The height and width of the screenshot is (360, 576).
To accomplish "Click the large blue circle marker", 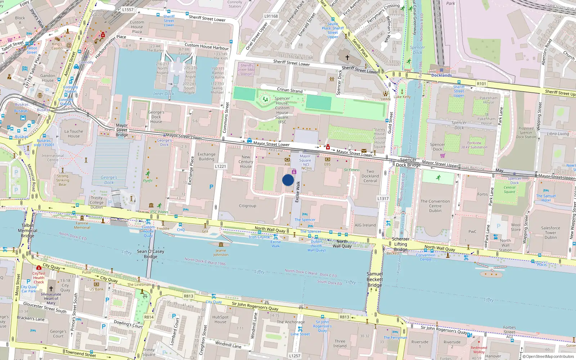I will (288, 180).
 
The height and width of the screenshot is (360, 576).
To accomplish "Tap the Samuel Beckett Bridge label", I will (375, 279).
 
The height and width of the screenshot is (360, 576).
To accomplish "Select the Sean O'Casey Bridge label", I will (150, 254).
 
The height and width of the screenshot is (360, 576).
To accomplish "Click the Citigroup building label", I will (248, 206).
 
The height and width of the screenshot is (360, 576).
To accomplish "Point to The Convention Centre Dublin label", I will (435, 206).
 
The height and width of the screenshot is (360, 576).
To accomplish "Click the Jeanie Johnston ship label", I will (221, 252).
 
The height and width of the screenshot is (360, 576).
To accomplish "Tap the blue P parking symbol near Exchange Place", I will (211, 187).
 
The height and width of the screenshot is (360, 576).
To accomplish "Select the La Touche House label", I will (73, 134).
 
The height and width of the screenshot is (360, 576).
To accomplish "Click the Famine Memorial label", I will (82, 225).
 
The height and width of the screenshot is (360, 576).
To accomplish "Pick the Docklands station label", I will (441, 75).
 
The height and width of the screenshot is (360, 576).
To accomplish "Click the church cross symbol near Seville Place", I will (347, 57).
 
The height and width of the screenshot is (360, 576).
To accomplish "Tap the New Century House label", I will (246, 162).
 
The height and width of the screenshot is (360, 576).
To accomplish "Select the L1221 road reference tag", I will (220, 166).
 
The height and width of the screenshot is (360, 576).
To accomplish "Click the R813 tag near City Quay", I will (189, 296).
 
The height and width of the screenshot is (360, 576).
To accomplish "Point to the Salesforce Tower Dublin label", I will (550, 233).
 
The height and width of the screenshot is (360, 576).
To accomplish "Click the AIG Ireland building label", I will (365, 225).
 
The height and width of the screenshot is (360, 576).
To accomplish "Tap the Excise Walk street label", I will (297, 192).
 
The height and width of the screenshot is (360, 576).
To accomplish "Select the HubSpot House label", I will (220, 319).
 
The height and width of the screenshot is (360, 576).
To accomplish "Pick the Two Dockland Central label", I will (370, 176).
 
